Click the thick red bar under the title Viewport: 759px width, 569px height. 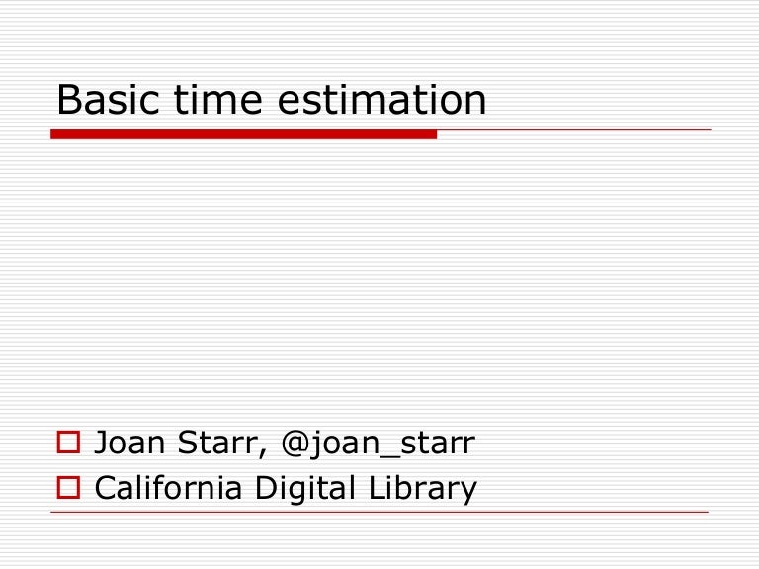tap(243, 133)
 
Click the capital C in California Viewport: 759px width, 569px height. tap(105, 487)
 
